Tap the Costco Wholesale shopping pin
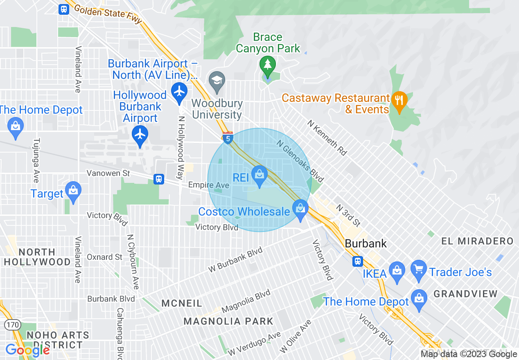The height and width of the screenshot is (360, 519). (x=300, y=209)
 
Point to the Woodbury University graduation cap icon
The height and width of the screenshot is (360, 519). (x=217, y=80)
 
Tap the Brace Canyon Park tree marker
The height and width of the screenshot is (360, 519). (x=267, y=65)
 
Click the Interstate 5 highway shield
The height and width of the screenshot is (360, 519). (x=228, y=137)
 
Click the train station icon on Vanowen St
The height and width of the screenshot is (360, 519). (x=159, y=179)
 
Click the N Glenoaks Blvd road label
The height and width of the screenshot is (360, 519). (x=300, y=161)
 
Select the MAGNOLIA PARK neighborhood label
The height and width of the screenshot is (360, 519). (x=228, y=321)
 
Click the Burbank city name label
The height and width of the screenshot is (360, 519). (x=366, y=243)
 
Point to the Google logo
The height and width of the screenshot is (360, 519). (x=27, y=350)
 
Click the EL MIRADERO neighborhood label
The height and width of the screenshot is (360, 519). (x=477, y=241)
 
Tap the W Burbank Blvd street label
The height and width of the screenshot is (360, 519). (x=235, y=260)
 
